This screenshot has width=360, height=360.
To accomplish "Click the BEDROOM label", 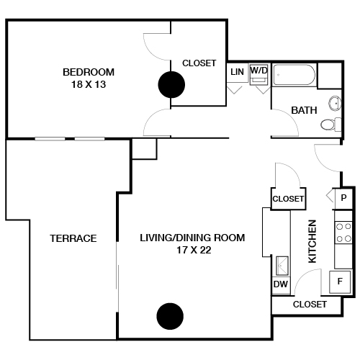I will pos(89,71).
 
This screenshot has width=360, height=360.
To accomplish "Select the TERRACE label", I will pos(73,238).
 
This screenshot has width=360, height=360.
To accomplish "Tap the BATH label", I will pos(304,110).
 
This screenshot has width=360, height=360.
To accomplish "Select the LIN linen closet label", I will pos(237,72).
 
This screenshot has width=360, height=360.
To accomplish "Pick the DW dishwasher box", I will pos(280,284).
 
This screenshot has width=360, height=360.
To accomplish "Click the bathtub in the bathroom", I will pos(294,76).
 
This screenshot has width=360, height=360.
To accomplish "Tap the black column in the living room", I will pos(170,315).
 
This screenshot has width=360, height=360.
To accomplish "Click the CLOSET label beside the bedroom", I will pos(199,63).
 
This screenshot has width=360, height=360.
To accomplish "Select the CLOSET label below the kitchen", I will pos(310,305).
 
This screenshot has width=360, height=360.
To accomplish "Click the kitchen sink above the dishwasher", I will pos(281,265).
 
